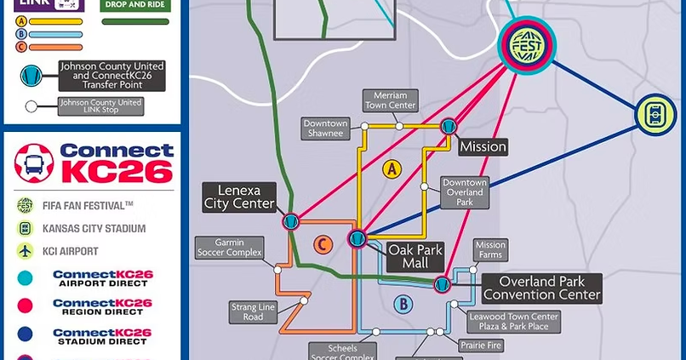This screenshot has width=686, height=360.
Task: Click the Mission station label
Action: point(483,147)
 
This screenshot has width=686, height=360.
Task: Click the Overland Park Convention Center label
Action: point(541,289)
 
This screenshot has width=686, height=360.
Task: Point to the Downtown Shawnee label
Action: point(325,129)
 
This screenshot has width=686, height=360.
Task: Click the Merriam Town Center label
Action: point(390,100)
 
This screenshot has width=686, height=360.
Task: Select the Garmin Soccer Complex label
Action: point(229,248)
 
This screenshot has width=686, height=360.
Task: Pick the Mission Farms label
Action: point(490,250)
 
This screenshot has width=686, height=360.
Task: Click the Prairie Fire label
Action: point(481,346)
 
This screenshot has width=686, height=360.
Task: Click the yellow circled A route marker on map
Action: point(392,169)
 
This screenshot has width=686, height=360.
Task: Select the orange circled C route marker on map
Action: point(322,245)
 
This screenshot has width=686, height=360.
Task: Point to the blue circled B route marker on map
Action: point(403,304)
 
